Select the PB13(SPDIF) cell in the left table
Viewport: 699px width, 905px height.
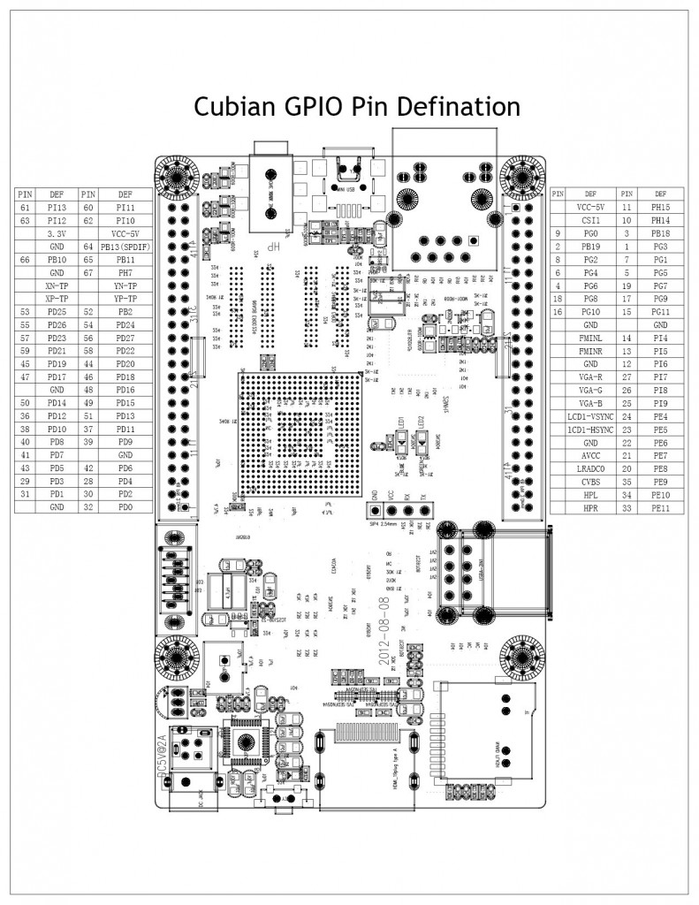pyautogui.click(x=125, y=247)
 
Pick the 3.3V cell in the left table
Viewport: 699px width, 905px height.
pyautogui.click(x=57, y=233)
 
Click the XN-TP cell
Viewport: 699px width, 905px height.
pyautogui.click(x=57, y=286)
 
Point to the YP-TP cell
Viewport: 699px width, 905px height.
pyautogui.click(x=125, y=299)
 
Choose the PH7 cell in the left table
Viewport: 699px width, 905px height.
pyautogui.click(x=125, y=273)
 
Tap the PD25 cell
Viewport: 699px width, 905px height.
pyautogui.click(x=57, y=312)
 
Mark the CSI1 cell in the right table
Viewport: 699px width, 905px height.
pyautogui.click(x=590, y=219)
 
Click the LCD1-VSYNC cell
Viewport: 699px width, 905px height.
pyautogui.click(x=590, y=415)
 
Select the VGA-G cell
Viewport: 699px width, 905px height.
pyautogui.click(x=590, y=390)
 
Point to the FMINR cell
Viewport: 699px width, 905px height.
pyautogui.click(x=590, y=351)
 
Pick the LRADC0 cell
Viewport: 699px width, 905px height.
pyautogui.click(x=590, y=468)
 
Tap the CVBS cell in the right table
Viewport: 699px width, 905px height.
pyautogui.click(x=590, y=482)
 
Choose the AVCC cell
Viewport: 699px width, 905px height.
pyautogui.click(x=590, y=455)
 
